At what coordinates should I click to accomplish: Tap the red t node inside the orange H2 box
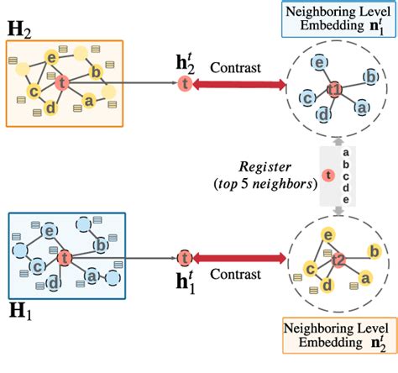(x=60, y=81)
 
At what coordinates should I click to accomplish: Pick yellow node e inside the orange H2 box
(x=52, y=57)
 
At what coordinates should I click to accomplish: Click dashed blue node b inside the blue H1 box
(x=100, y=244)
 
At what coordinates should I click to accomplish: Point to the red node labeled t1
(x=334, y=90)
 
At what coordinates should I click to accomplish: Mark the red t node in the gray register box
(x=328, y=176)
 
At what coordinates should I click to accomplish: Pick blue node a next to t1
(x=362, y=107)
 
